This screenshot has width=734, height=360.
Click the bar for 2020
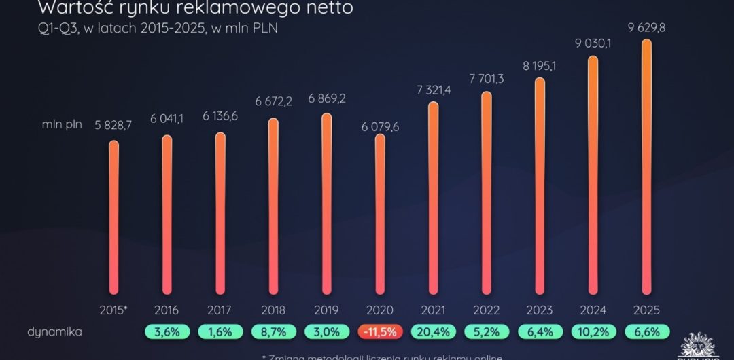[x=380, y=214]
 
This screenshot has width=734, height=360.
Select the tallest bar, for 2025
[x=646, y=166]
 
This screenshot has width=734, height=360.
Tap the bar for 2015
[x=113, y=217]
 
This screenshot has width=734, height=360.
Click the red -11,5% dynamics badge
[x=380, y=333]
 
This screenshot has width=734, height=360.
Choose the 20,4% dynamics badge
[x=434, y=333]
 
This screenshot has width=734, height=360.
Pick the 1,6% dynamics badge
[x=220, y=333]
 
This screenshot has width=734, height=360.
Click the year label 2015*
[x=113, y=310]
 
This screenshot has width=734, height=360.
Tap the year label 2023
[x=540, y=310]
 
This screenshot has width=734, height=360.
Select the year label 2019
[x=326, y=310]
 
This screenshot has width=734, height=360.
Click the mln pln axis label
[x=61, y=127]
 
